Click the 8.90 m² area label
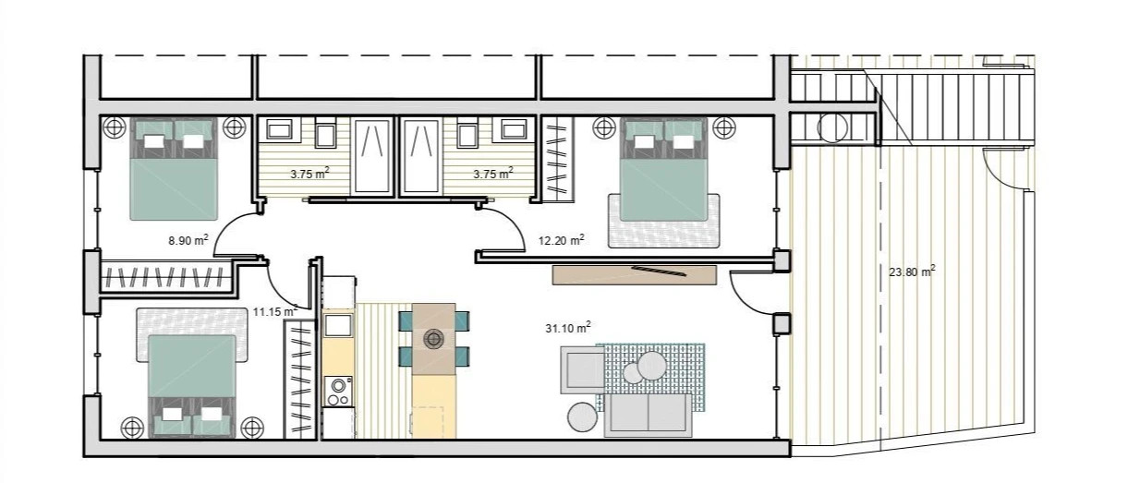pyautogui.click(x=188, y=240)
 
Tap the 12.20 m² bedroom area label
pyautogui.click(x=562, y=240)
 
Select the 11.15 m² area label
pyautogui.click(x=275, y=311)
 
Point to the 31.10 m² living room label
pyautogui.click(x=568, y=327)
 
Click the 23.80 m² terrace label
pyautogui.click(x=912, y=272)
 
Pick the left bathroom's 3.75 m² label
pyautogui.click(x=309, y=174)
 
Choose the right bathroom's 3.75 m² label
pyautogui.click(x=492, y=174)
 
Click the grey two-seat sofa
pyautogui.click(x=648, y=415)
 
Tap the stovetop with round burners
pyautogui.click(x=338, y=391)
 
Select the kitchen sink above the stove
pyautogui.click(x=338, y=325)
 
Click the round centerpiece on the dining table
pyautogui.click(x=433, y=339)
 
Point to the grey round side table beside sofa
pyautogui.click(x=582, y=417)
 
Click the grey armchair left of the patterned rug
pyautogui.click(x=583, y=369)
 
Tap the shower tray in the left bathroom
pyautogui.click(x=372, y=156)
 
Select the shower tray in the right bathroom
pyautogui.click(x=420, y=156)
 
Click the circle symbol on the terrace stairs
pyautogui.click(x=832, y=127)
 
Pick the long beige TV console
pyautogui.click(x=635, y=275)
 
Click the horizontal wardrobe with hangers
pyautogui.click(x=166, y=277)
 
